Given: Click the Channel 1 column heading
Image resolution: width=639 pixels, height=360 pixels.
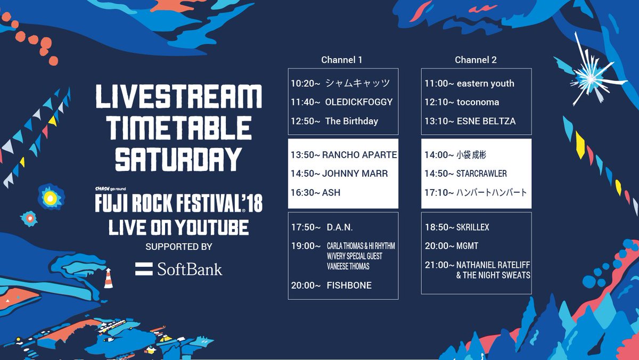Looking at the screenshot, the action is [341, 60].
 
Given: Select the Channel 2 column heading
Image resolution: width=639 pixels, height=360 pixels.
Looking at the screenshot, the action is [476, 60].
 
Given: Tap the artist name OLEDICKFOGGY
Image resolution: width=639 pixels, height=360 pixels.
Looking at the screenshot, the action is [359, 102].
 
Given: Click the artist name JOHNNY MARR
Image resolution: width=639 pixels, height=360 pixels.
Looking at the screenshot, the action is [355, 174].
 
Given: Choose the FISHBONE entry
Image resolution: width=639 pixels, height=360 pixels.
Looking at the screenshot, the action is [349, 285].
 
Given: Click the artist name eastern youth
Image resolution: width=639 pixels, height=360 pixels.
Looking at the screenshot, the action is [486, 83].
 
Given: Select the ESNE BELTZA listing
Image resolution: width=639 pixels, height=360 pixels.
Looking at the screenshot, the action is [486, 121].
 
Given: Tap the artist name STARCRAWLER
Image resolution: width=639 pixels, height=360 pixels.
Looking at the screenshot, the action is [481, 174].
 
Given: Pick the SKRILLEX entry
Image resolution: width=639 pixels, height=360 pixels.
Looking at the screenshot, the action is [473, 227].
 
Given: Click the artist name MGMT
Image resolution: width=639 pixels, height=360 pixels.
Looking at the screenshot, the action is [468, 246].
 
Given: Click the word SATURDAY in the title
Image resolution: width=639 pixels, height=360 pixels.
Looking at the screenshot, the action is [178, 159].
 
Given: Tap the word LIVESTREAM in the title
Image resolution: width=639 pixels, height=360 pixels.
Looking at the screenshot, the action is [178, 96].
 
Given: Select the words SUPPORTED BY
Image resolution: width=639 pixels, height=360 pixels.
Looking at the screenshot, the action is [179, 247].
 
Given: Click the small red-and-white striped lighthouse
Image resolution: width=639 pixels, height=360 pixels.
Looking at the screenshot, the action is [109, 278].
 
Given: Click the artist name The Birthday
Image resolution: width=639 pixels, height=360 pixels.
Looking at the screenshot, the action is [351, 121].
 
